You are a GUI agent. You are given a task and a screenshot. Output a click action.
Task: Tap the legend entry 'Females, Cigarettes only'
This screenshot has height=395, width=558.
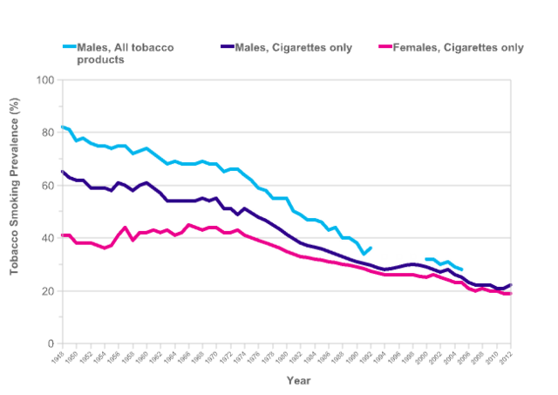459,47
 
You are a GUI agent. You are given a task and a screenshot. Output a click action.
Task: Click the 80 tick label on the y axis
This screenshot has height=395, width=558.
45,133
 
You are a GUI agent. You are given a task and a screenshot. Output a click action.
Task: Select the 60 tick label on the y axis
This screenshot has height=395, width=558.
45,186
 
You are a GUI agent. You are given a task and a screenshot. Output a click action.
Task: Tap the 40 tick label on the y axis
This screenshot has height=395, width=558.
45,239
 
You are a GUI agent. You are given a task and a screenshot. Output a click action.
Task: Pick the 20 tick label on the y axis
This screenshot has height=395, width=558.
45,291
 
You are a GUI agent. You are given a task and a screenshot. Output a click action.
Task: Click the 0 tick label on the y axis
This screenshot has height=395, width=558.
49,344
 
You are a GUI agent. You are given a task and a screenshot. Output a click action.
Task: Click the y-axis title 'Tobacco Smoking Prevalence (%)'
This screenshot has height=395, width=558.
15,211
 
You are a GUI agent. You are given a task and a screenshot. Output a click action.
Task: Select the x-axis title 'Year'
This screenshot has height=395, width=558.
298,380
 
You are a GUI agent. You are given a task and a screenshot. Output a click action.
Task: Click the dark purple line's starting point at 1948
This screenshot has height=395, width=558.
62,172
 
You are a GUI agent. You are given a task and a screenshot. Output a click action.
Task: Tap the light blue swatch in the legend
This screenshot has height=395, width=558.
73,47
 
